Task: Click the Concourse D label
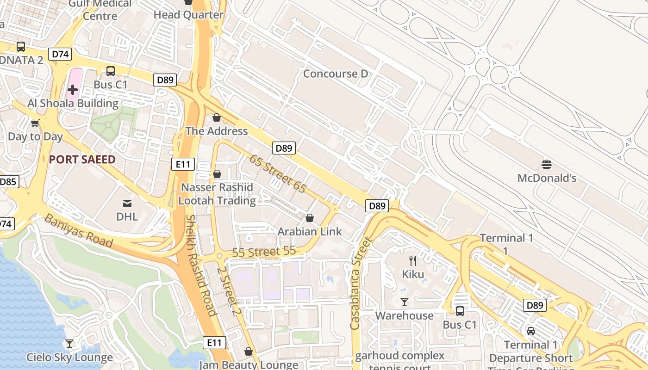tap(336, 74)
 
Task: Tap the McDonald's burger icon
tap(547, 164)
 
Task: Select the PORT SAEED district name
tap(82, 160)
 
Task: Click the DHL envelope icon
tap(127, 203)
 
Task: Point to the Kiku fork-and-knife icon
tap(413, 261)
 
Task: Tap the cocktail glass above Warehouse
tap(405, 302)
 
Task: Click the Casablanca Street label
tap(361, 283)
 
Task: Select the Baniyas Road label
tap(78, 230)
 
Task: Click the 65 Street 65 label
tap(278, 173)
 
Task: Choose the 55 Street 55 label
tap(263, 253)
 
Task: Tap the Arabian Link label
tap(310, 232)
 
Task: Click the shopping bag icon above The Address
tap(216, 117)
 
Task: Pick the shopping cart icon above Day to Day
tap(35, 123)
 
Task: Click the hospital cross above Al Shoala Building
tap(73, 90)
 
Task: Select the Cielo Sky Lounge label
tap(69, 358)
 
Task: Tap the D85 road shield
tap(8, 182)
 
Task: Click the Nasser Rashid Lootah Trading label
tap(217, 194)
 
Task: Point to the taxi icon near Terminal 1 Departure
tap(530, 331)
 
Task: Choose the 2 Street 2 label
tap(229, 290)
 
